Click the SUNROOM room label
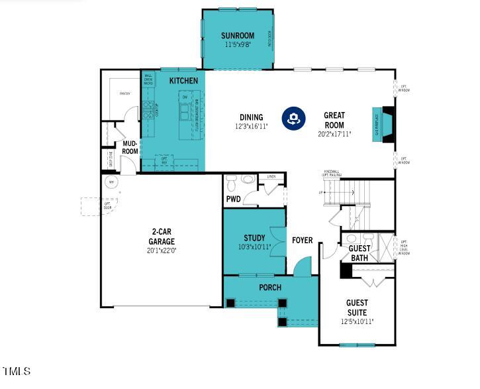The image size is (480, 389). (237, 36)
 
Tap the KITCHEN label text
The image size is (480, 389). (183, 81)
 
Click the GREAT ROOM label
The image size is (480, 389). (334, 120)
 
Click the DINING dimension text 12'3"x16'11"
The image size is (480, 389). (251, 126)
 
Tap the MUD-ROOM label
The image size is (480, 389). (130, 147)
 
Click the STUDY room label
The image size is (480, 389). (254, 238)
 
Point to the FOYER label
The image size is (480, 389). (303, 240)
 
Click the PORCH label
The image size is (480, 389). (270, 288)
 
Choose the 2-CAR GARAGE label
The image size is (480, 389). (162, 237)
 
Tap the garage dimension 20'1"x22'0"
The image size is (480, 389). (162, 250)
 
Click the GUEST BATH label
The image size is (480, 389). (360, 253)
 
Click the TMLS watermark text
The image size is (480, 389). (16, 371)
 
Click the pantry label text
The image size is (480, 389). (124, 94)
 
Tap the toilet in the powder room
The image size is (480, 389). (248, 179)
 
